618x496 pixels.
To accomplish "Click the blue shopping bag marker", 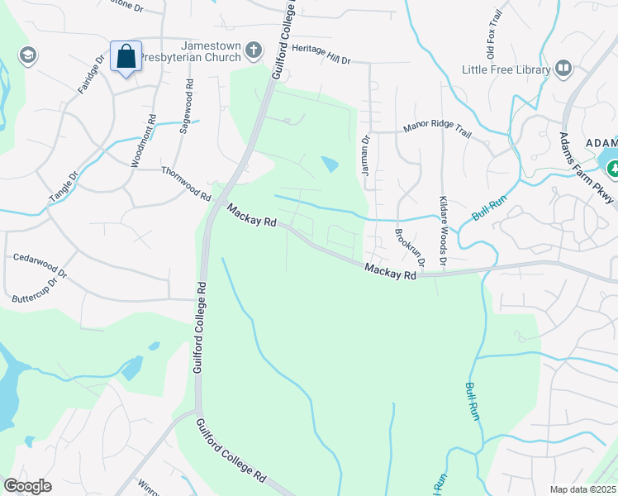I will point(126,57).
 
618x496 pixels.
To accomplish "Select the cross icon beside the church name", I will point(254,52).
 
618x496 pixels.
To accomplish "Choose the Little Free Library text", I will point(506,69).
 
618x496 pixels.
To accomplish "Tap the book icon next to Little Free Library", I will point(564,69).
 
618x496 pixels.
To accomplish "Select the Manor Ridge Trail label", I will point(436,129).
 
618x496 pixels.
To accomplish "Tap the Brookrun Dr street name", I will point(409,247).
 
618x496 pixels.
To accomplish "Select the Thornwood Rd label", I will point(186,182).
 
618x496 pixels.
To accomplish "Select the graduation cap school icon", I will point(27,55).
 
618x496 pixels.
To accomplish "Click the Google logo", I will point(28,485).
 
